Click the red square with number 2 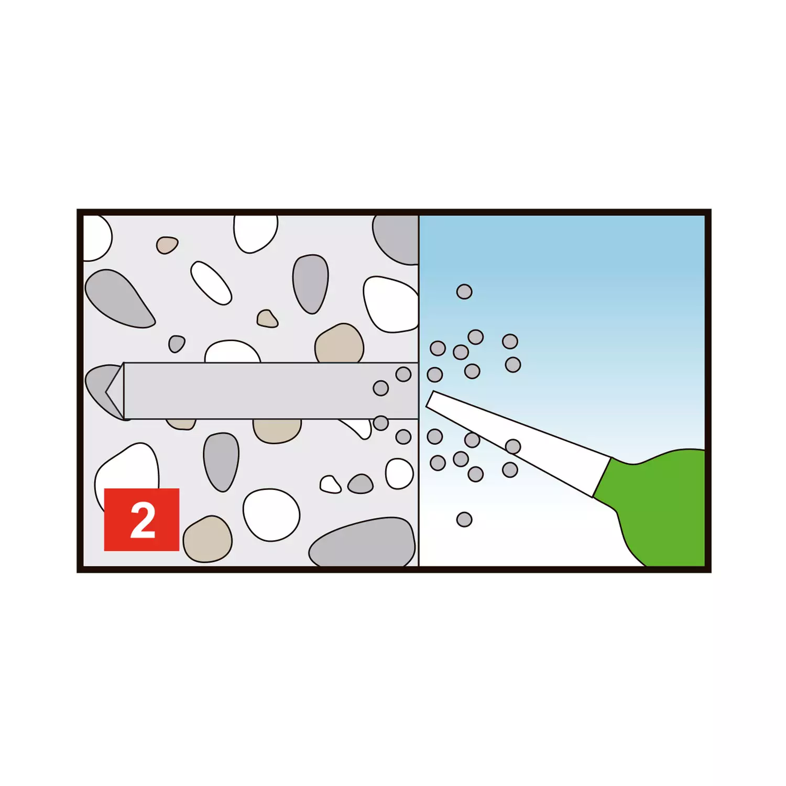(x=141, y=519)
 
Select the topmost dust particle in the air (x=464, y=291)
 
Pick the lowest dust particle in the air (x=464, y=519)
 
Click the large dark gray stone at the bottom (x=363, y=543)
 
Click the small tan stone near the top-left (x=167, y=245)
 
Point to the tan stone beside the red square (x=208, y=539)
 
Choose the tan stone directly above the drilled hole (x=340, y=343)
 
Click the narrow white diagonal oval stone (x=211, y=283)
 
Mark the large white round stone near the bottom (x=271, y=515)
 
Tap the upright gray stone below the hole (x=221, y=462)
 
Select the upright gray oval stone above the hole (x=311, y=284)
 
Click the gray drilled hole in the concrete (x=262, y=391)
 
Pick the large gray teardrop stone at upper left (x=119, y=299)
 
